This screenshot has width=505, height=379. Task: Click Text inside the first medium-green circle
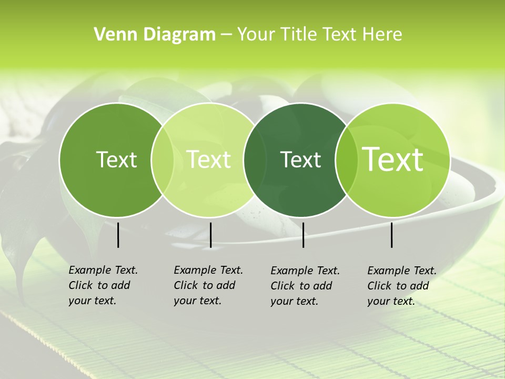[x=116, y=159]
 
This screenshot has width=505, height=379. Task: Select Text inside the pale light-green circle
[x=208, y=159]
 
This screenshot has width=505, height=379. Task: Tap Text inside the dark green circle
[x=300, y=159]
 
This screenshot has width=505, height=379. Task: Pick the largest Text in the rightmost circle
[x=393, y=159]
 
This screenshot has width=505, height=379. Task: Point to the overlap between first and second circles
[x=163, y=159]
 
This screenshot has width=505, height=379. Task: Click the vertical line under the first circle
[x=118, y=235]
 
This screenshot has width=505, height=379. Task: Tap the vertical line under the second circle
[x=210, y=235]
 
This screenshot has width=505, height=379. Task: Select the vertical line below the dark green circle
[x=303, y=235]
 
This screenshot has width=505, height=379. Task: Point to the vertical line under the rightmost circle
[x=392, y=235]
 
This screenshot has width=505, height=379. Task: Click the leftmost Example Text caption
[x=103, y=285]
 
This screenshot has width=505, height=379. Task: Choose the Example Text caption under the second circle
[x=208, y=285]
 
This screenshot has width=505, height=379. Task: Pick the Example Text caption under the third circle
[x=305, y=286]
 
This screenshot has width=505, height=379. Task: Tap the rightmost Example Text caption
[x=401, y=286]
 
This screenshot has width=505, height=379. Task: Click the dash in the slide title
[x=226, y=35]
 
